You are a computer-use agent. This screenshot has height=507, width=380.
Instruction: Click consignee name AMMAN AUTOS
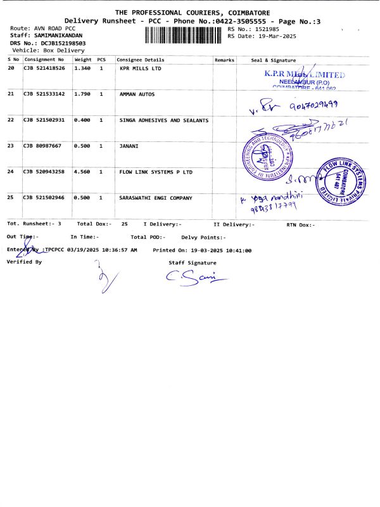(137, 94)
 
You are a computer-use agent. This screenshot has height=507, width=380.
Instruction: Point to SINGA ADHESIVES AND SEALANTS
(164, 120)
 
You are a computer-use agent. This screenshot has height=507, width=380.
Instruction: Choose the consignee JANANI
(129, 146)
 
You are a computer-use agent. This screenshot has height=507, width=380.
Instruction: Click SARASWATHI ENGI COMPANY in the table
(155, 198)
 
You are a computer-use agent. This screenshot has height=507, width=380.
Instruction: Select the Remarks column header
(225, 60)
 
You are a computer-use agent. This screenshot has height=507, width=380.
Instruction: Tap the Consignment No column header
(44, 60)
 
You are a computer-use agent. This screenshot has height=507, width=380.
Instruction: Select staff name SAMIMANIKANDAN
(57, 35)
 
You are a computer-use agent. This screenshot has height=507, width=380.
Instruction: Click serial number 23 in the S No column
(11, 146)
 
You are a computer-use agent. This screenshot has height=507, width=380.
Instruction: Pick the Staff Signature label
(192, 262)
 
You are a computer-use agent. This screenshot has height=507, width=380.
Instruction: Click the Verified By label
(24, 261)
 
